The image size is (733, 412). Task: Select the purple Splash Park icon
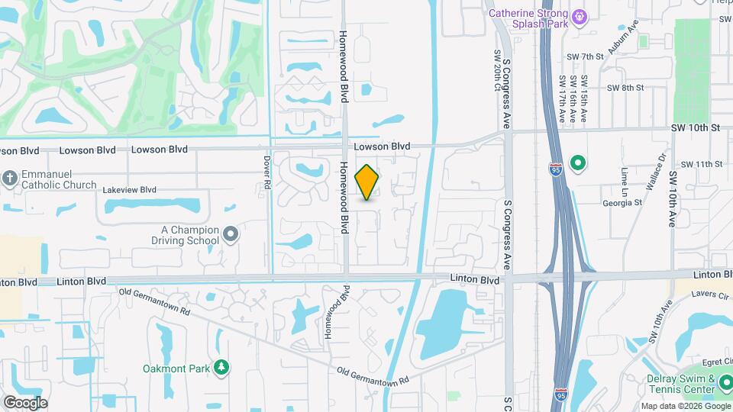pos(580,14)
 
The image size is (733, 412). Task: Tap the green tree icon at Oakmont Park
pos(221,369)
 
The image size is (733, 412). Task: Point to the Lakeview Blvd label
pos(129,190)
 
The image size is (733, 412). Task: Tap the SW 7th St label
pos(585,56)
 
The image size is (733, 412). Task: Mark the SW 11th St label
pos(701,164)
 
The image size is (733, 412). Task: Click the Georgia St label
pos(621,203)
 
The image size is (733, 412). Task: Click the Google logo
pos(25,402)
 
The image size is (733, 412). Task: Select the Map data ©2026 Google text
pos(685,406)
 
